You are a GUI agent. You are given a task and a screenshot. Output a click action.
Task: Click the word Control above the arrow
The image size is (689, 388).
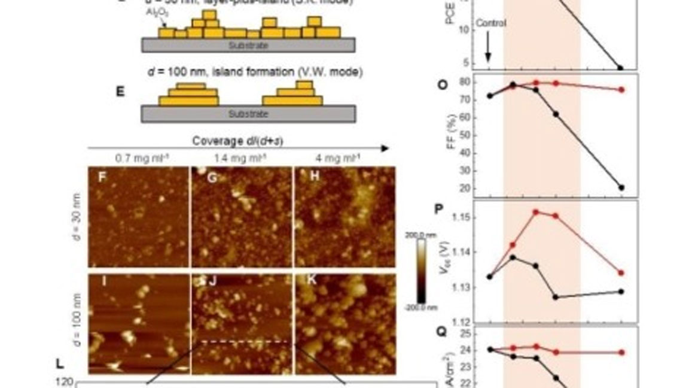point(491,23)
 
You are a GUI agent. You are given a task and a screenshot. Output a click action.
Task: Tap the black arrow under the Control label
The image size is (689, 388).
point(488,48)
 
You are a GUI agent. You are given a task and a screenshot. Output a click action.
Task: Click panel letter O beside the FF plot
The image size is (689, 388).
point(443,84)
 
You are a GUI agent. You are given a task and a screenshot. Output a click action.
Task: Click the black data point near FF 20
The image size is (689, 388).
point(621,187)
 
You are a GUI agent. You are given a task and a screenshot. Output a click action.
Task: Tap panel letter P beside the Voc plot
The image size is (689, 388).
point(441,209)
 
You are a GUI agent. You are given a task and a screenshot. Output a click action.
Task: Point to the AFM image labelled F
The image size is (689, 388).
point(138,217)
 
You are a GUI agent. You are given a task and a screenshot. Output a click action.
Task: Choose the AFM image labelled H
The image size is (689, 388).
point(344,217)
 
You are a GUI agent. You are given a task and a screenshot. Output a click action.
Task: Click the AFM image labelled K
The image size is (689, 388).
point(344,324)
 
